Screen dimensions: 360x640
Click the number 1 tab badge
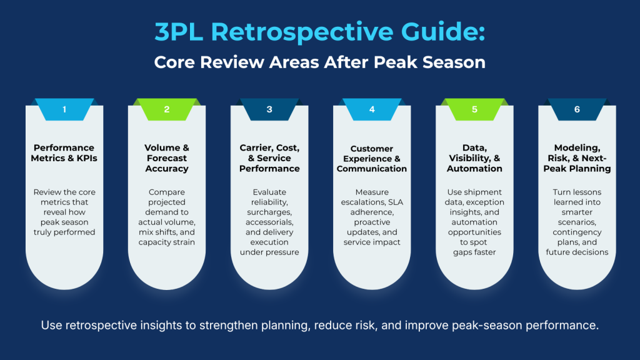[x=64, y=109]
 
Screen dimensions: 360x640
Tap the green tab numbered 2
[x=167, y=109]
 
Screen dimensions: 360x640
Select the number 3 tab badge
[x=269, y=109]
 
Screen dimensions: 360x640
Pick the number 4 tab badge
[x=372, y=109]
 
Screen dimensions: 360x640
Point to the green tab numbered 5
[x=474, y=109]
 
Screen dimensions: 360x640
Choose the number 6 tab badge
[x=577, y=109]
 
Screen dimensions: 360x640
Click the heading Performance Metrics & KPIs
[x=64, y=153]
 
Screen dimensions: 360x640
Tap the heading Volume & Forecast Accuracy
[x=167, y=158]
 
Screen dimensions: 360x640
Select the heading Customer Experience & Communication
[x=372, y=158]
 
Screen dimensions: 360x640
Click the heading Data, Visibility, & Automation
[x=474, y=158]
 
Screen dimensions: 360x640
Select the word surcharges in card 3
[x=269, y=212]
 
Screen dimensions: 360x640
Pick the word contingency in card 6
[x=577, y=232]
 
